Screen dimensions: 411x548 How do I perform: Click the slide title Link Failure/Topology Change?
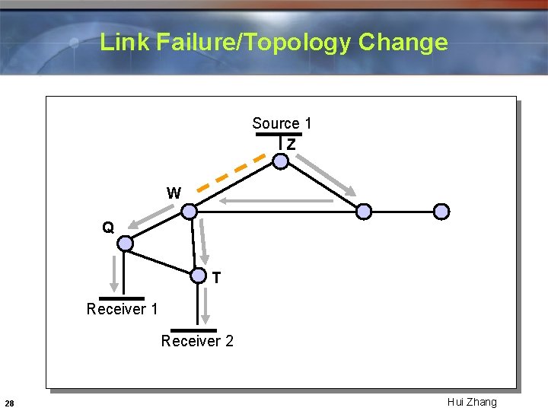click(x=274, y=42)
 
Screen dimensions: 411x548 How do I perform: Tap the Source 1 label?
click(x=282, y=123)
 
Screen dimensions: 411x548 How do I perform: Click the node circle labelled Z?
click(x=281, y=161)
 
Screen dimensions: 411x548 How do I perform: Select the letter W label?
click(x=174, y=193)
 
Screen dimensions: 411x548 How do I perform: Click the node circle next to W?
click(x=190, y=212)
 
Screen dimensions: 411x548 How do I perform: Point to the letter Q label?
click(x=109, y=228)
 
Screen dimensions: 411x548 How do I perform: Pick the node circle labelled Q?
click(x=126, y=244)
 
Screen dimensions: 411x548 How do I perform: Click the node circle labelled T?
click(x=198, y=276)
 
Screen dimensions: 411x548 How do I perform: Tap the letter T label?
click(x=217, y=279)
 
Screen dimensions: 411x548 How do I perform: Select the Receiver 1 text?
click(x=122, y=309)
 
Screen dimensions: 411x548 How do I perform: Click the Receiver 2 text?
click(x=197, y=341)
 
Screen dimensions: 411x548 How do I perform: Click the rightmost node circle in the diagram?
click(x=441, y=212)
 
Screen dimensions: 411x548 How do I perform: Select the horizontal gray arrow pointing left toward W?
click(x=278, y=202)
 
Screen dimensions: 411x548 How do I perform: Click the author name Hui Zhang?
click(x=472, y=402)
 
